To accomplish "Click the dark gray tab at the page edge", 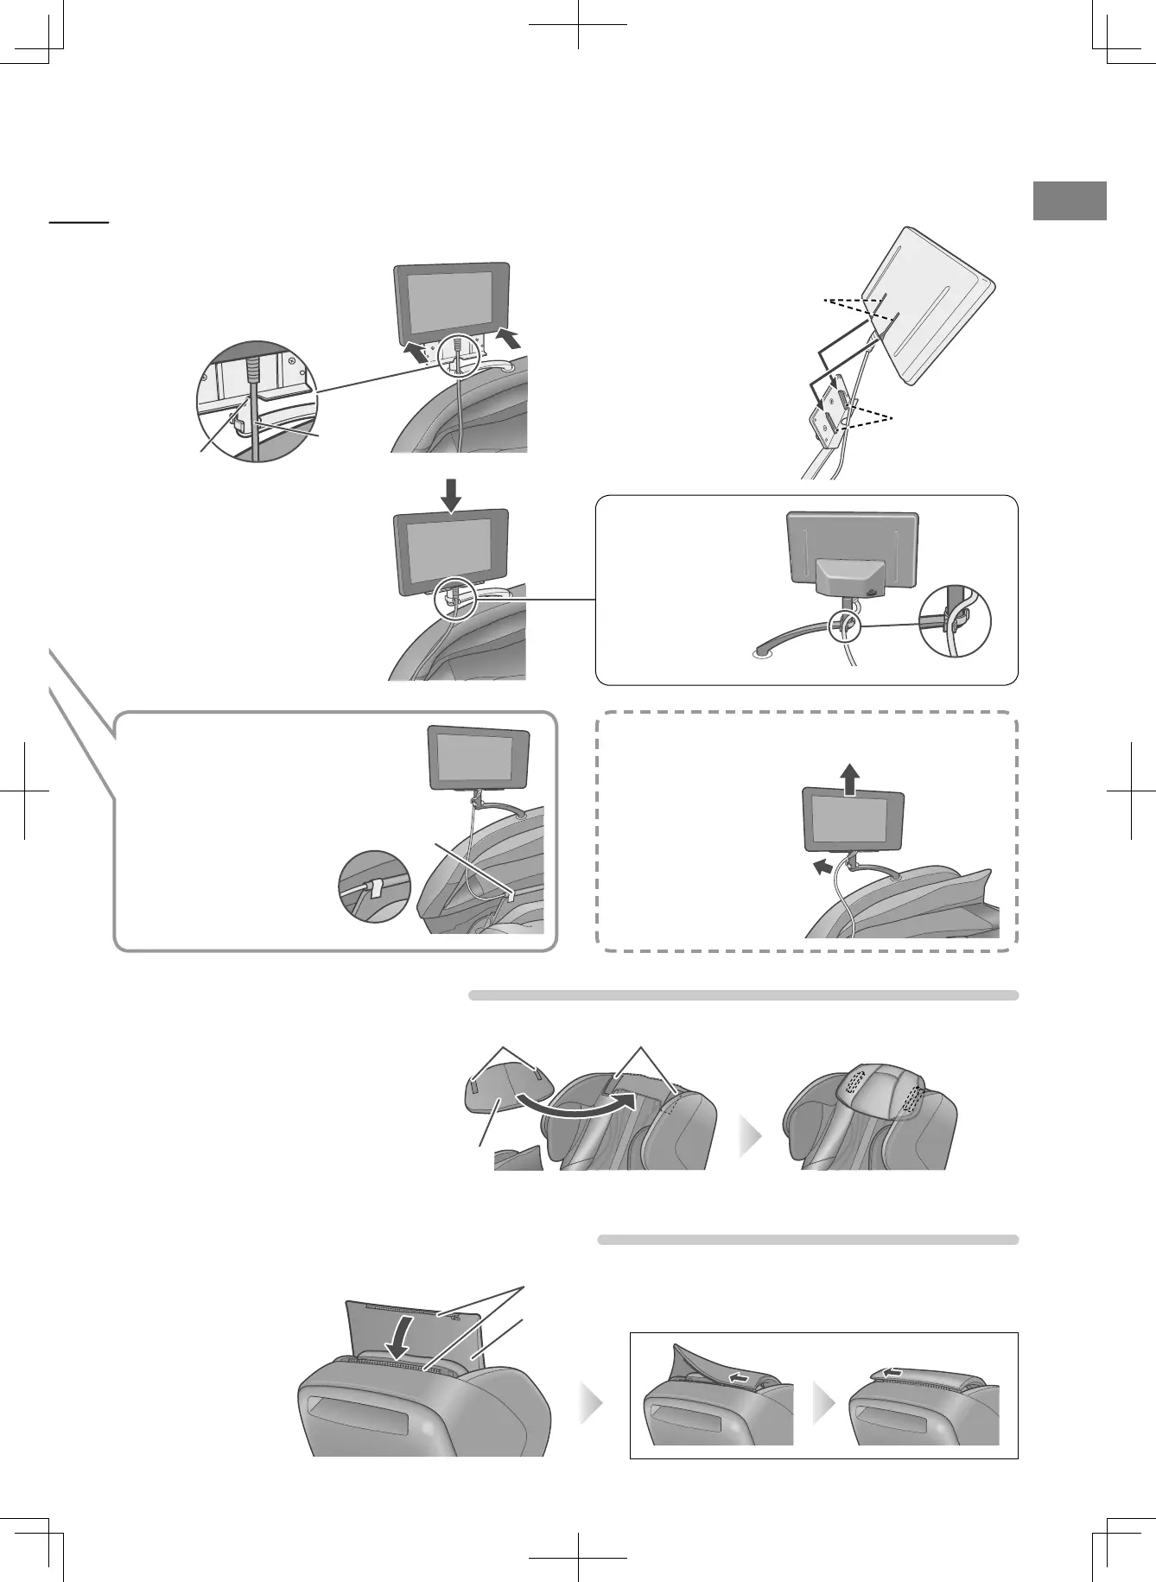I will [x=1070, y=201].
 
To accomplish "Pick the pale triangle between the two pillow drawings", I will [x=752, y=1138].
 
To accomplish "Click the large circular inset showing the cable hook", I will [x=257, y=401].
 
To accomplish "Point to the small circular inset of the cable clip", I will [x=372, y=887].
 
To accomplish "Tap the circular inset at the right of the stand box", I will [x=955, y=621].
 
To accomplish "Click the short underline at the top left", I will [x=79, y=222].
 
